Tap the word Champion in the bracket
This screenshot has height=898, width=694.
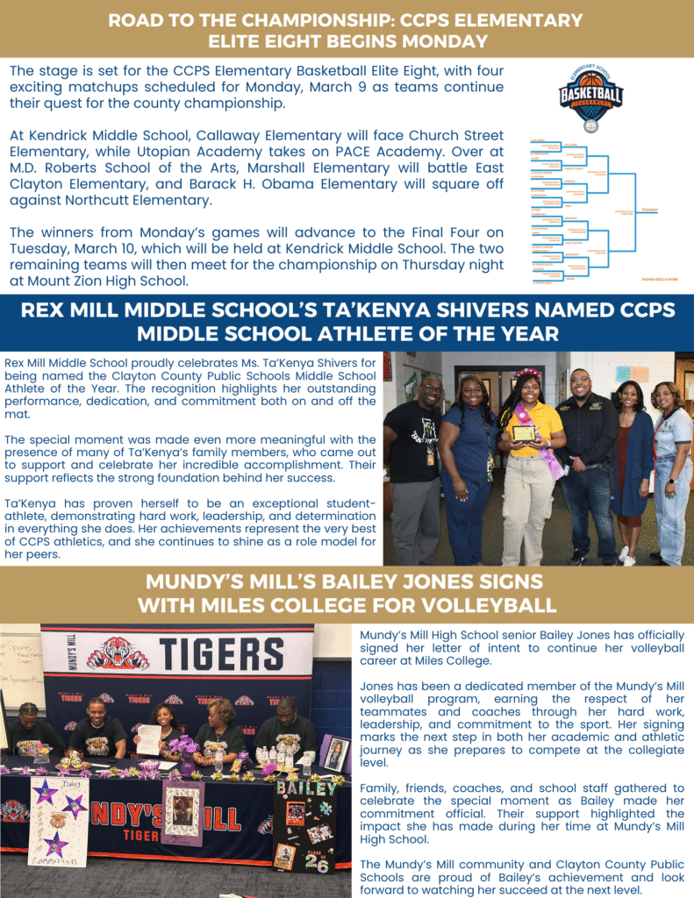[649, 210]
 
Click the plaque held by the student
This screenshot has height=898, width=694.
[525, 433]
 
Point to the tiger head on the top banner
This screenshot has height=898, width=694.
[118, 654]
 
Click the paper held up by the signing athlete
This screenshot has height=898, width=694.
[150, 739]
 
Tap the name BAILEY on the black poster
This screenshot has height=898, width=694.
[306, 787]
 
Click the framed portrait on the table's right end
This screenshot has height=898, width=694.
[334, 754]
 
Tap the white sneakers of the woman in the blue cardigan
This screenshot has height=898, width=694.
[626, 556]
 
